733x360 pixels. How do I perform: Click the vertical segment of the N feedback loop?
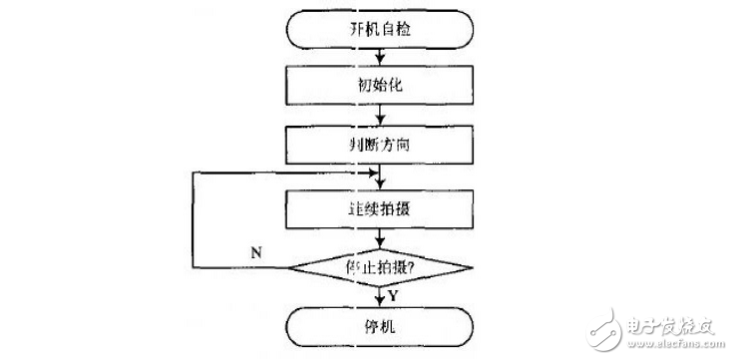click(x=193, y=219)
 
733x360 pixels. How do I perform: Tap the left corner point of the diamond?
click(x=289, y=267)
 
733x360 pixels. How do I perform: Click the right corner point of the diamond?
click(x=471, y=267)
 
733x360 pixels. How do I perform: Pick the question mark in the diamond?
click(x=410, y=266)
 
